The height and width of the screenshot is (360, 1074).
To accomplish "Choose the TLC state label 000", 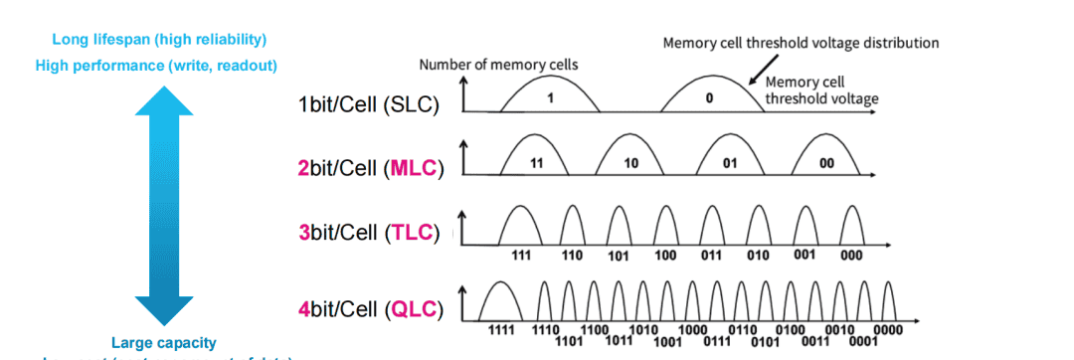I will (x=853, y=255).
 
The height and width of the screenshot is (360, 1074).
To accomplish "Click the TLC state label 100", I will (x=665, y=255).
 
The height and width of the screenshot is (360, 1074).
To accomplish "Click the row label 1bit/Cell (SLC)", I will (x=368, y=104).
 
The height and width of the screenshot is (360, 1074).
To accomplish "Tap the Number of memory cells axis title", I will (x=498, y=65).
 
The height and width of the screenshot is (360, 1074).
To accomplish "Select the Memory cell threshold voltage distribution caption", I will (x=801, y=43).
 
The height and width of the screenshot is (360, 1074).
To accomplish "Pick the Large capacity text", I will (x=163, y=341).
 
